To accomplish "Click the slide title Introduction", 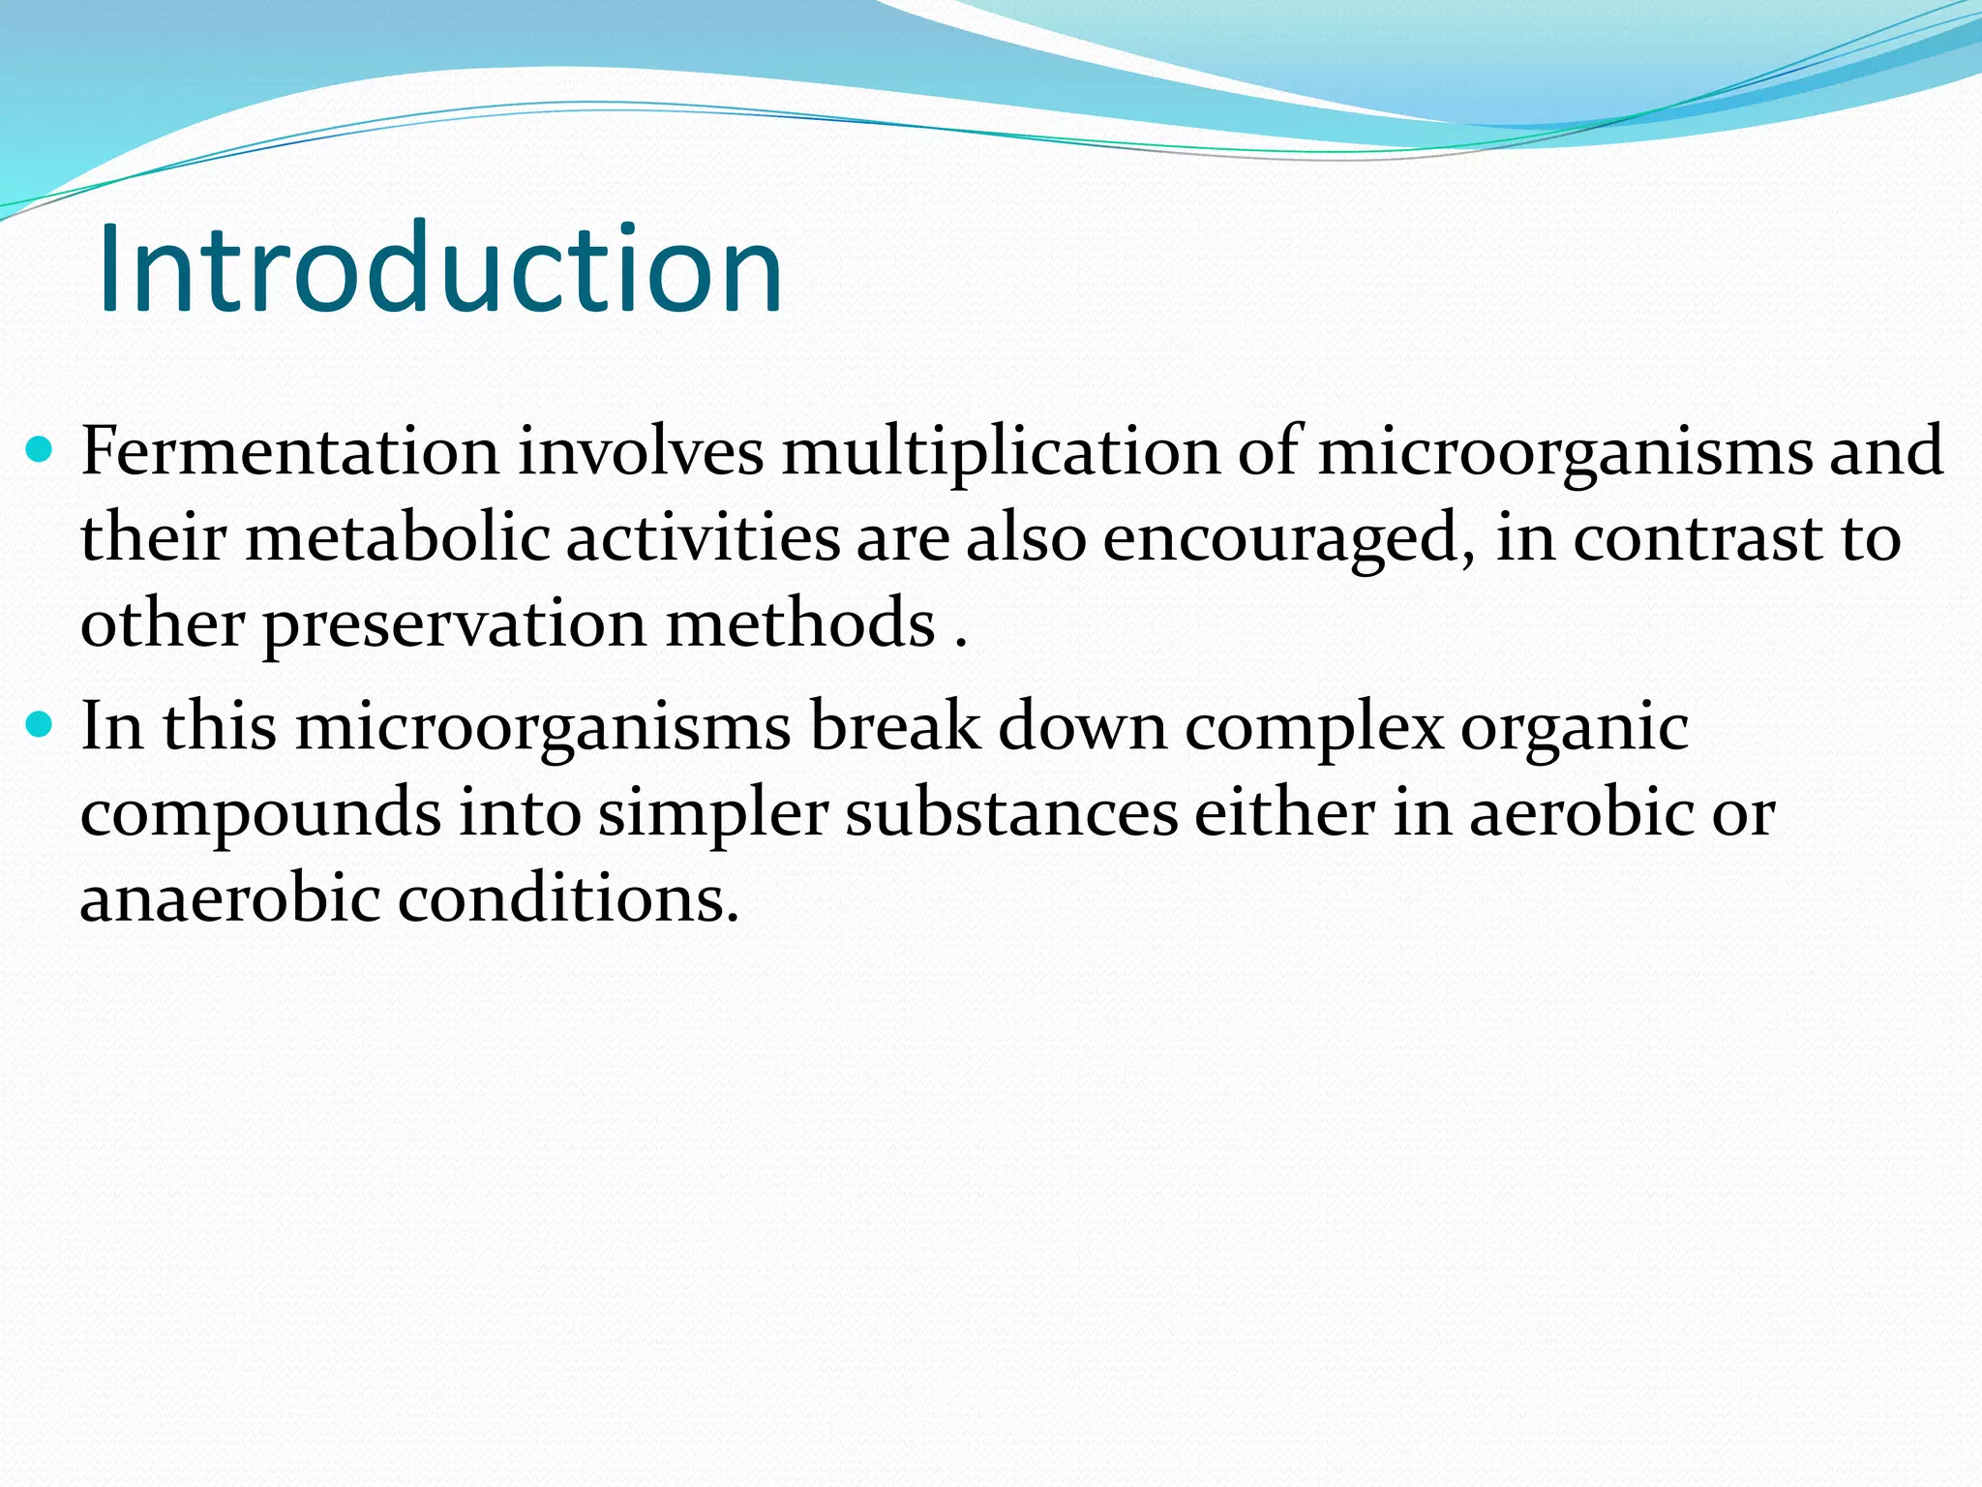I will [440, 268].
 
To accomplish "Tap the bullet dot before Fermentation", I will [40, 449].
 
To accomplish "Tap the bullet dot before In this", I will [40, 724].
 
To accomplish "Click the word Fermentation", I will [289, 451].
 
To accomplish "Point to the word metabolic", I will [397, 537].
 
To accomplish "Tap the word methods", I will [800, 622].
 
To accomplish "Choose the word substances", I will [1011, 813].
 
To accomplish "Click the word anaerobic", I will [230, 898].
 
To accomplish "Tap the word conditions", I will [569, 898].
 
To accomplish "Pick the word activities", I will [703, 537].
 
